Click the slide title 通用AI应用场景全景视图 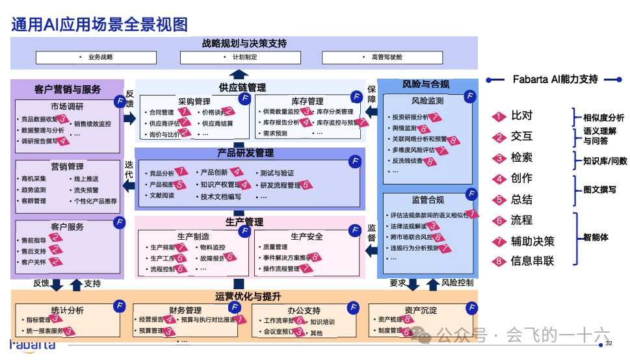99,24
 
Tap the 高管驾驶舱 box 387,57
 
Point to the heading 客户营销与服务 68,89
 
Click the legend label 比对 521,116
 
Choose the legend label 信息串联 532,261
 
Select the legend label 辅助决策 532,241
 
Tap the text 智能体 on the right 596,238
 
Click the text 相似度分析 603,118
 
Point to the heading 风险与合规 425,84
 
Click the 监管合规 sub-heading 427,200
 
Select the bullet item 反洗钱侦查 407,161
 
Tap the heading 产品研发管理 246,153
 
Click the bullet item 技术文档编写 220,196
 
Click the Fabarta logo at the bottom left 32,344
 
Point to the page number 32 609,343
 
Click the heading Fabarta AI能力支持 555,79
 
